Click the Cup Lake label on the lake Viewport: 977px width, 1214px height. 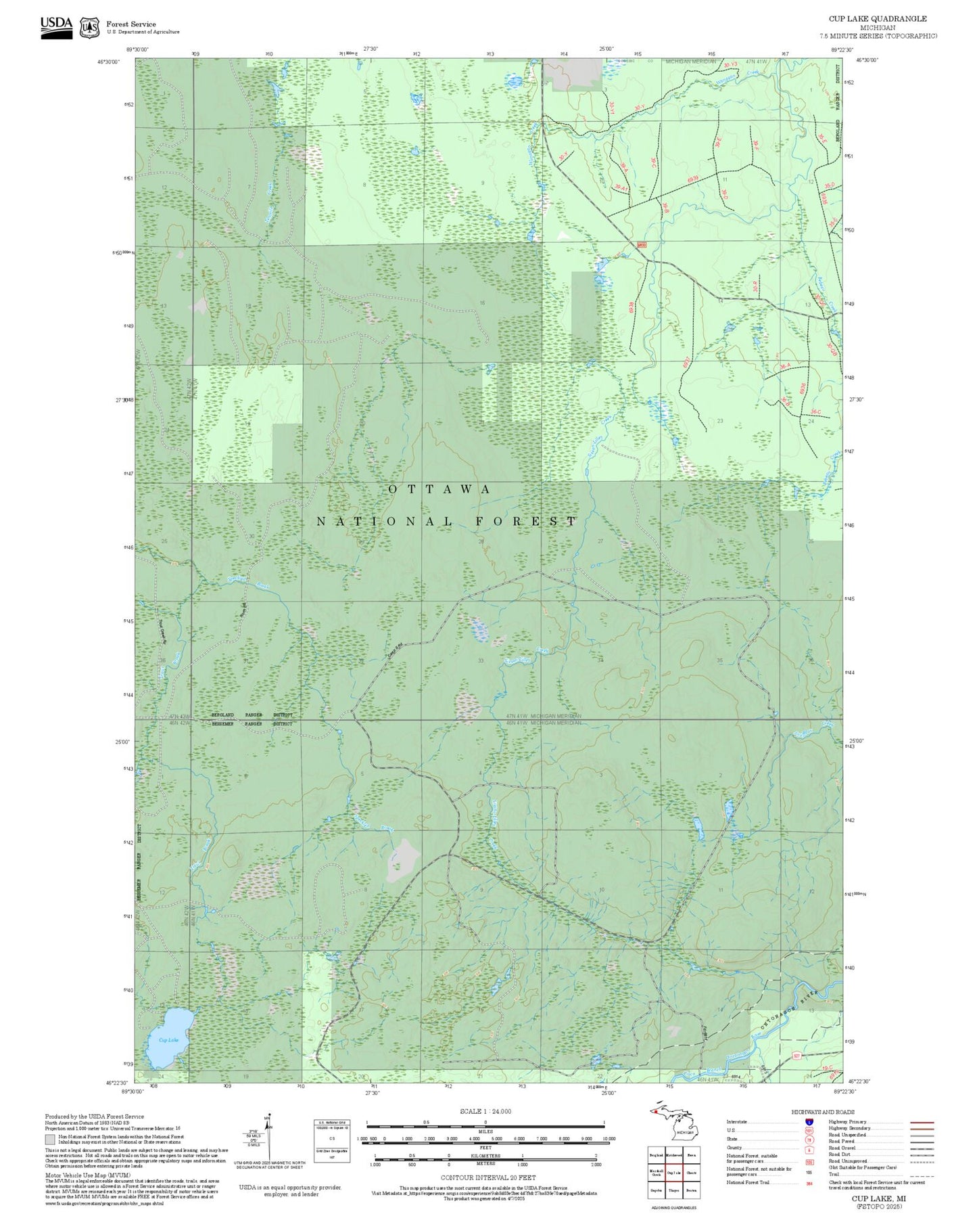click(x=168, y=1039)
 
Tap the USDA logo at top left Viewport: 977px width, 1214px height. click(x=56, y=27)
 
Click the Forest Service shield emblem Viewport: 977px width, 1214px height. click(x=89, y=28)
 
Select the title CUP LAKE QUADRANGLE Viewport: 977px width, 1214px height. click(x=878, y=18)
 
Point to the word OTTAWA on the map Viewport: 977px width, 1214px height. click(x=439, y=489)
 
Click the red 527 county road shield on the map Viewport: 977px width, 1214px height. click(x=798, y=1056)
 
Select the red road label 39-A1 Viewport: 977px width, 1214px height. click(x=621, y=188)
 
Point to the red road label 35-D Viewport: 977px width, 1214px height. click(x=830, y=185)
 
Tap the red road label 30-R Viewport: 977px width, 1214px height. click(x=756, y=286)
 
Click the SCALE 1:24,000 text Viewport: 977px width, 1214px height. click(x=485, y=1111)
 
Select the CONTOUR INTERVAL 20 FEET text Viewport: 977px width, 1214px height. click(x=488, y=1178)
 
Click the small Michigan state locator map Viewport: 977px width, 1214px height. click(x=673, y=1127)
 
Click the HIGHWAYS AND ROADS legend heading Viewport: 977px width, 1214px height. click(x=823, y=1112)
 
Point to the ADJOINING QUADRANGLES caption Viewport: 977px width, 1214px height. click(x=673, y=1207)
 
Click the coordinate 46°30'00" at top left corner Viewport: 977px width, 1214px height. click(x=108, y=62)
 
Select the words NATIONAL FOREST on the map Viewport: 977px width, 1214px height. click(x=446, y=521)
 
